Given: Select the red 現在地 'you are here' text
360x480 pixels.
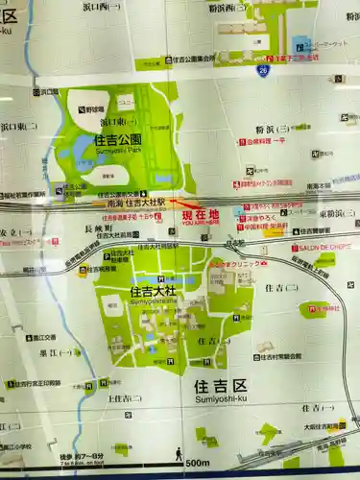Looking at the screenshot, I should tap(200, 215).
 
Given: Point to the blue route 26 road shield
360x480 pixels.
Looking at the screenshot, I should tap(263, 69).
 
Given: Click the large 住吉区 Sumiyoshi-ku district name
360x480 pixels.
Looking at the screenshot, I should tap(220, 388).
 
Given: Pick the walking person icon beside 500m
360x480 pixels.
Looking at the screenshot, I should tap(180, 454).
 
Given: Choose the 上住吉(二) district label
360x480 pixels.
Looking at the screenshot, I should tap(125, 397).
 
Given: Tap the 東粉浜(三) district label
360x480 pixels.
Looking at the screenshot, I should tap(338, 213).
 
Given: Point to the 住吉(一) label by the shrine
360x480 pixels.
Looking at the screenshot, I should tap(211, 340).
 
